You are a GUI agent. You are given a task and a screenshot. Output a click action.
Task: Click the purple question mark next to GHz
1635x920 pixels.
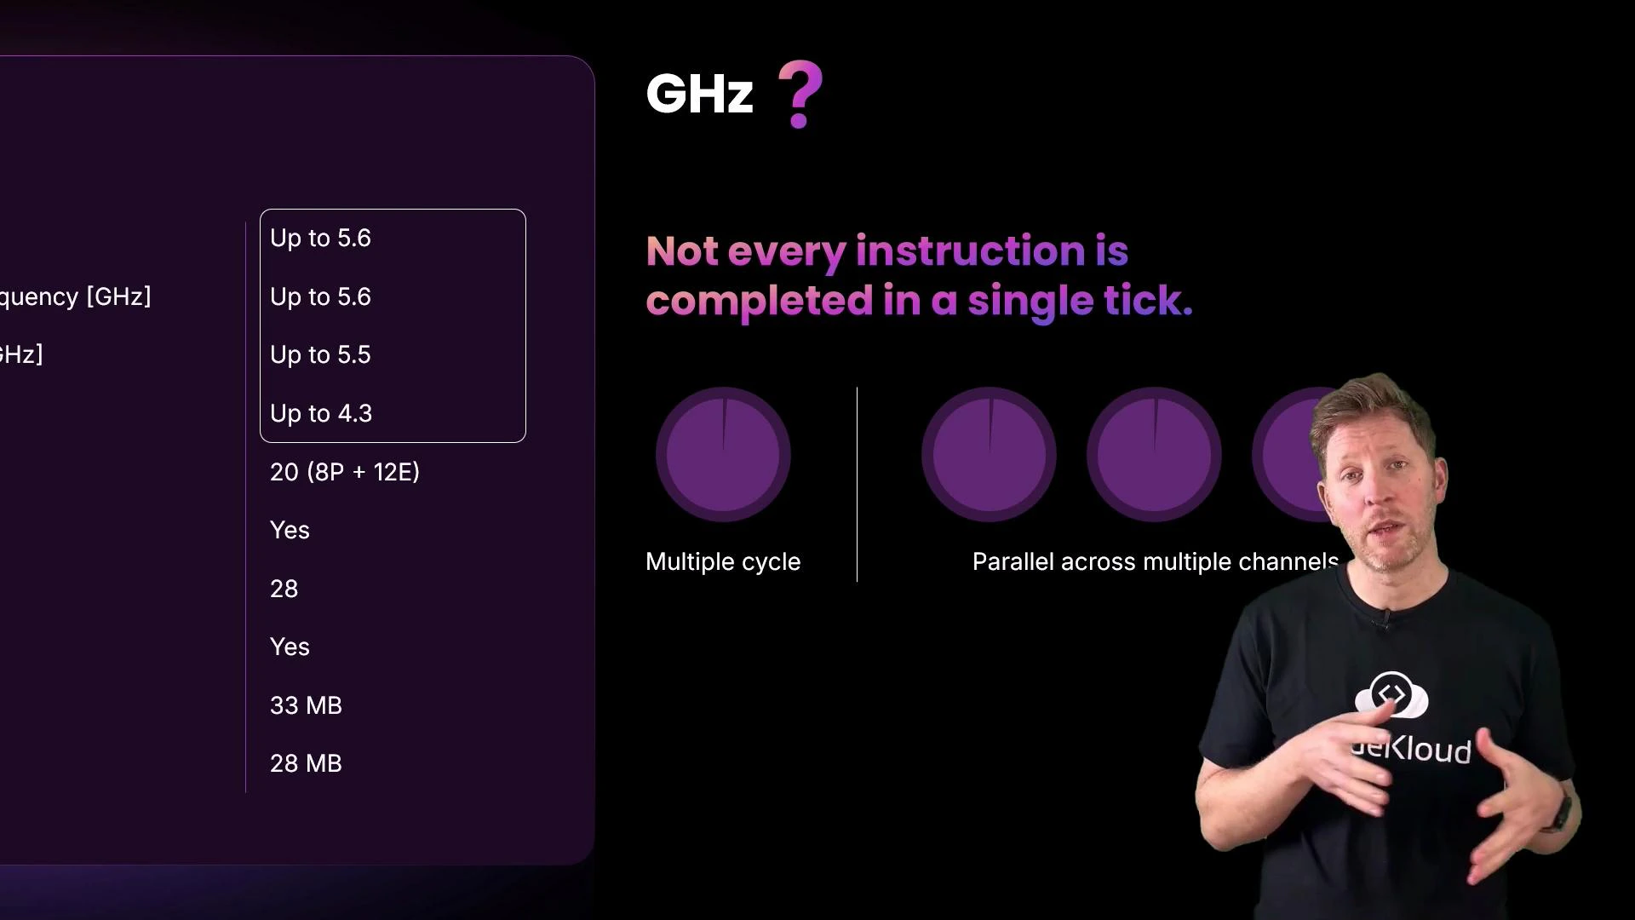point(800,94)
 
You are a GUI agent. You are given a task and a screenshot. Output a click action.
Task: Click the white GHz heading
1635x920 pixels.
point(699,94)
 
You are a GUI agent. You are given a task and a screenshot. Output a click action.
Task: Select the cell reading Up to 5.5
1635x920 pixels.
point(320,354)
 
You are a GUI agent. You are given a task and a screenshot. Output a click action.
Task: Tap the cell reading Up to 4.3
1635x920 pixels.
point(321,413)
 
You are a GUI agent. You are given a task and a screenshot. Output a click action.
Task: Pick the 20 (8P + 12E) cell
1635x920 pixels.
point(344,472)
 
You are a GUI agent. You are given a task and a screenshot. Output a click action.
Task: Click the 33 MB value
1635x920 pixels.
point(306,705)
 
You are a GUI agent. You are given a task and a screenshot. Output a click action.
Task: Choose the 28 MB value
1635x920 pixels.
point(306,763)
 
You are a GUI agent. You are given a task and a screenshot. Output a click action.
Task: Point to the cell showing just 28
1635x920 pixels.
point(284,589)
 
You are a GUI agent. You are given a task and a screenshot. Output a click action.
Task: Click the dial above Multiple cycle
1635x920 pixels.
point(723,454)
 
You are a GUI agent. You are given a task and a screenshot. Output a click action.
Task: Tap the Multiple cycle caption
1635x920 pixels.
point(723,562)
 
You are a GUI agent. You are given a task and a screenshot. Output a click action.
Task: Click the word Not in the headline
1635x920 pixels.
point(681,251)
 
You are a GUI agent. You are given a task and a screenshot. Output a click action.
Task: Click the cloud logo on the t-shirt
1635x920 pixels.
point(1391,695)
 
